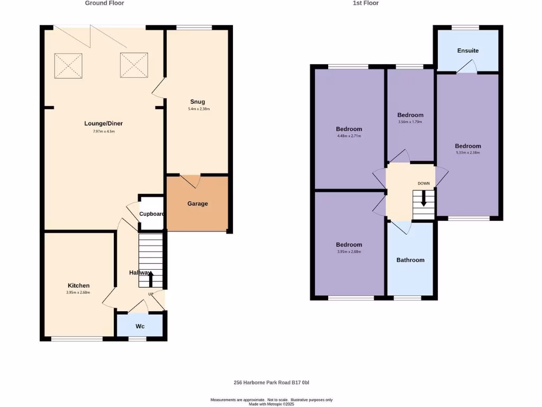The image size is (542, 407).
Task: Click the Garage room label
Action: tap(197, 203)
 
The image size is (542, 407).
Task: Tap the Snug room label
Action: tap(197, 102)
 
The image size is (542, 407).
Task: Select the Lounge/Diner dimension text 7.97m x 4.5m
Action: tap(104, 131)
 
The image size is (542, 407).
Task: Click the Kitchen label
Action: tap(78, 286)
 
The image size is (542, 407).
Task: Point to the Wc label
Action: tap(140, 326)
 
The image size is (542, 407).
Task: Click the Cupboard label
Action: tap(152, 214)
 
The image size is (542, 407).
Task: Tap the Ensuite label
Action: tap(468, 51)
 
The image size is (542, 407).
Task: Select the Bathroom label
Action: tap(410, 260)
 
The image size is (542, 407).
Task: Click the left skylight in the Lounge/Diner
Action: tap(69, 65)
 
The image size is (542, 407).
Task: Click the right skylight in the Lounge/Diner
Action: tap(134, 65)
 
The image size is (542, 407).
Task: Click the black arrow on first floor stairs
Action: tap(423, 200)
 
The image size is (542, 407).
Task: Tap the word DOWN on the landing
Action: tap(423, 183)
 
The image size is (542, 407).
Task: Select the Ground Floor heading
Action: tap(105, 3)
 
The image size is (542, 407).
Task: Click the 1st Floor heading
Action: tap(366, 3)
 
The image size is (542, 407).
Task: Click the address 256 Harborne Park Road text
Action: tap(271, 383)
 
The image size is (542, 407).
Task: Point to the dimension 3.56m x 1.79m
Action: tap(410, 122)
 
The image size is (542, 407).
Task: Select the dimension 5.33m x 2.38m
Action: tap(468, 153)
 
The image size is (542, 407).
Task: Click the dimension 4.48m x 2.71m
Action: tap(349, 136)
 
